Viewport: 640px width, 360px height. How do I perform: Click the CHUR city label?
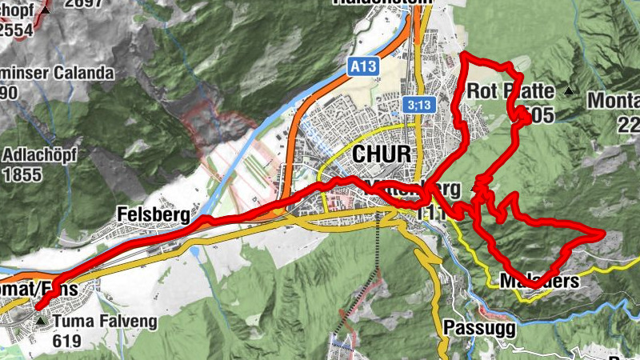380,154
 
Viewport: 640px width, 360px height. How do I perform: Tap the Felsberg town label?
153,214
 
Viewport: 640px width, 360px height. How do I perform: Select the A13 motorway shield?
360,69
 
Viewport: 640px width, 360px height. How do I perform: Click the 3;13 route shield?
418,105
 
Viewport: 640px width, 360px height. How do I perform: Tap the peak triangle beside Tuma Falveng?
42,322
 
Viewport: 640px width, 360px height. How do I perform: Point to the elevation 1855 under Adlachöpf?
29,174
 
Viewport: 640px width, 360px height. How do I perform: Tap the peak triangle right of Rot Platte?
569,90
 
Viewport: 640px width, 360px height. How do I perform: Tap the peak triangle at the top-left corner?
47,9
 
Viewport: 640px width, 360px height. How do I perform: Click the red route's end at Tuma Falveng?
38,307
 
